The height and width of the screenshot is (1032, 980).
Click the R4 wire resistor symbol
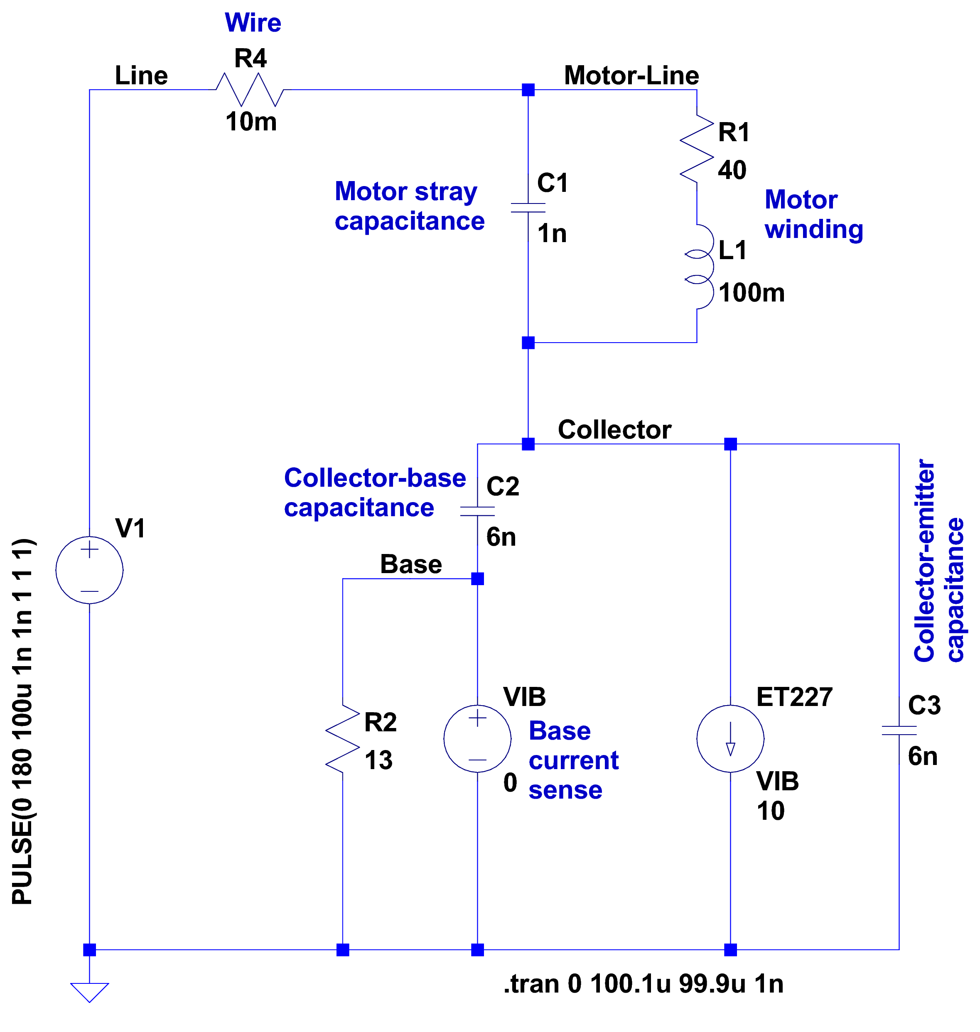pyautogui.click(x=250, y=90)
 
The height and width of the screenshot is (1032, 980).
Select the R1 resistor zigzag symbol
pyautogui.click(x=697, y=149)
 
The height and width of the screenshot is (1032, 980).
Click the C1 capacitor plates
pyautogui.click(x=528, y=208)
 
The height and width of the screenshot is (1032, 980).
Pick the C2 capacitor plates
pyautogui.click(x=477, y=511)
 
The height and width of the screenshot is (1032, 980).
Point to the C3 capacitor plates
pyautogui.click(x=899, y=730)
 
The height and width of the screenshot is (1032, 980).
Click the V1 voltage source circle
pyautogui.click(x=89, y=570)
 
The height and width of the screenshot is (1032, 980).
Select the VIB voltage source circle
pyautogui.click(x=477, y=738)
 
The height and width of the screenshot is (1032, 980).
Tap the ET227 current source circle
pyautogui.click(x=730, y=738)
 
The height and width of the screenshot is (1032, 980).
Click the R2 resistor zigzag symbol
pyautogui.click(x=343, y=738)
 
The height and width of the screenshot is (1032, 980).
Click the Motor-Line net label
pyautogui.click(x=631, y=76)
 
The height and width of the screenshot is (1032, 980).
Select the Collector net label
pyautogui.click(x=614, y=430)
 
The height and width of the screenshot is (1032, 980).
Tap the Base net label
pyautogui.click(x=410, y=564)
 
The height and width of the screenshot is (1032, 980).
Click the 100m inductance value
pyautogui.click(x=751, y=293)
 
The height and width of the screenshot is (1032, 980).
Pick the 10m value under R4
pyautogui.click(x=251, y=122)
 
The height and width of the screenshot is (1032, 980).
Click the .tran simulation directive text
pyautogui.click(x=643, y=984)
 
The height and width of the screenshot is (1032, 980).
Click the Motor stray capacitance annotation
pyautogui.click(x=409, y=206)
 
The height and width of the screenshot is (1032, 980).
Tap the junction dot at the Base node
pyautogui.click(x=477, y=579)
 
